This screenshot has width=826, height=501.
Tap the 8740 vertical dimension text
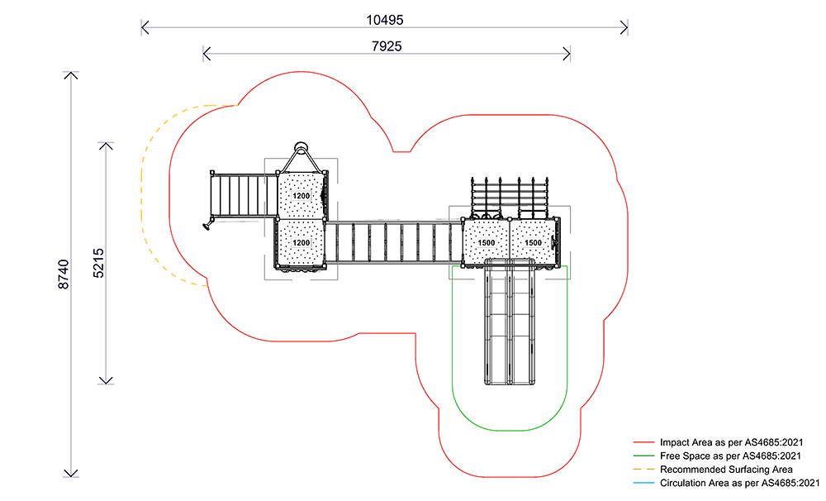64,274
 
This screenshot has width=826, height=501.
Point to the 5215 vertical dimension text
98,261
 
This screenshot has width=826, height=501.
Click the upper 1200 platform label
301,197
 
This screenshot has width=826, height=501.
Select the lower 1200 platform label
301,243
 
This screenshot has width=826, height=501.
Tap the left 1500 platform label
486,242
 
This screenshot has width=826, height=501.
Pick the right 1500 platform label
534,242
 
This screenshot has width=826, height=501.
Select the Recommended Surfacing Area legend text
726,469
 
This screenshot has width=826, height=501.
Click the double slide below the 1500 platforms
510,322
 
